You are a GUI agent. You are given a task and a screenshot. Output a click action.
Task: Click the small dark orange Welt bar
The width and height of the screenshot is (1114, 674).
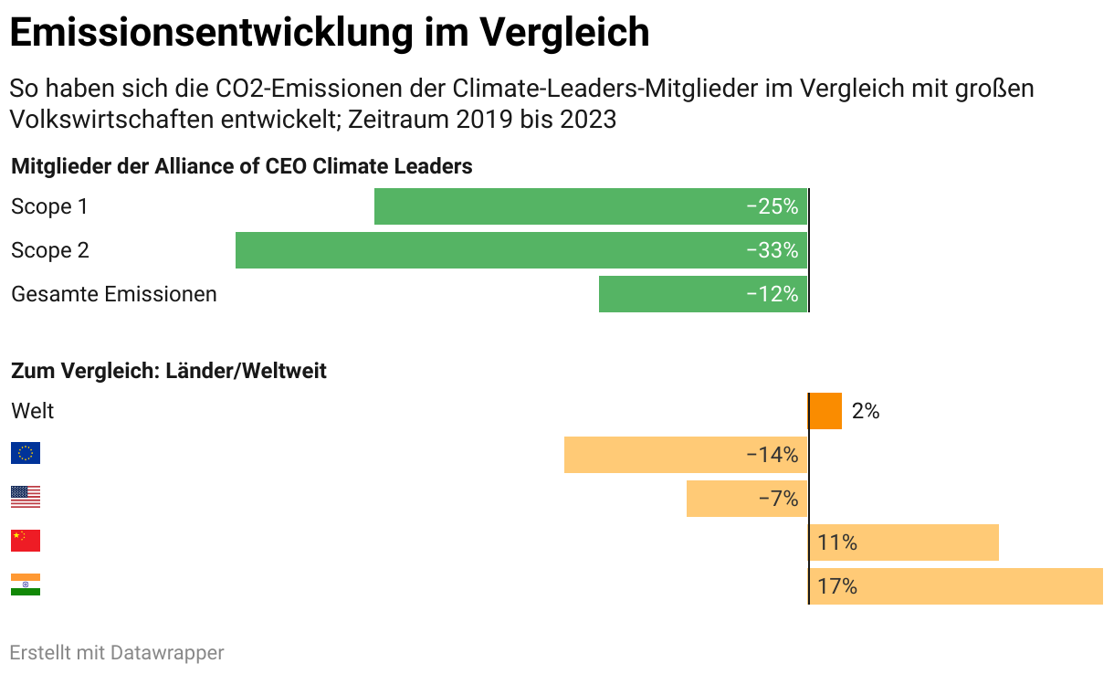pyautogui.click(x=825, y=411)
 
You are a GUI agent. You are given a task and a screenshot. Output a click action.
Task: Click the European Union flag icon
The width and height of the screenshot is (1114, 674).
pyautogui.click(x=26, y=453)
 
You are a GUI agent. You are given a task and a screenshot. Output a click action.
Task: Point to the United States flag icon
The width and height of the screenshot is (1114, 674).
pyautogui.click(x=26, y=497)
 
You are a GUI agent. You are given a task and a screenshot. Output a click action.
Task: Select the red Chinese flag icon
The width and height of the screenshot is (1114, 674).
pyautogui.click(x=26, y=541)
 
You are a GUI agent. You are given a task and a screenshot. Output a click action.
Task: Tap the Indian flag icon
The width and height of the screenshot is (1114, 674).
pyautogui.click(x=26, y=584)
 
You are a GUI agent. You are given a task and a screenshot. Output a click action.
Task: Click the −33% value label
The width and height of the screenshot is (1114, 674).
pyautogui.click(x=772, y=250)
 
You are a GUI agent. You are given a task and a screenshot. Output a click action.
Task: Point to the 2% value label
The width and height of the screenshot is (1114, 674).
pyautogui.click(x=865, y=411)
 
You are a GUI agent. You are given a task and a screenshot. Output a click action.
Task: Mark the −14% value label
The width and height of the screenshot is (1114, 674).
pyautogui.click(x=772, y=455)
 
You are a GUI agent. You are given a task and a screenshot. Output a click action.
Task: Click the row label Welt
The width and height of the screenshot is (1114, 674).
pyautogui.click(x=33, y=411)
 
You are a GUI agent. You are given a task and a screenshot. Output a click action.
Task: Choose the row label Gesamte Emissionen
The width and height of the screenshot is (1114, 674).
pyautogui.click(x=114, y=294)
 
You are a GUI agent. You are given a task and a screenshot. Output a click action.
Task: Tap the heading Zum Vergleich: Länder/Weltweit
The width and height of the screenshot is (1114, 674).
pyautogui.click(x=169, y=371)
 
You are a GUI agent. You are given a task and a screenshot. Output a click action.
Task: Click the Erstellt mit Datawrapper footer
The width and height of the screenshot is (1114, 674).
pyautogui.click(x=117, y=652)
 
